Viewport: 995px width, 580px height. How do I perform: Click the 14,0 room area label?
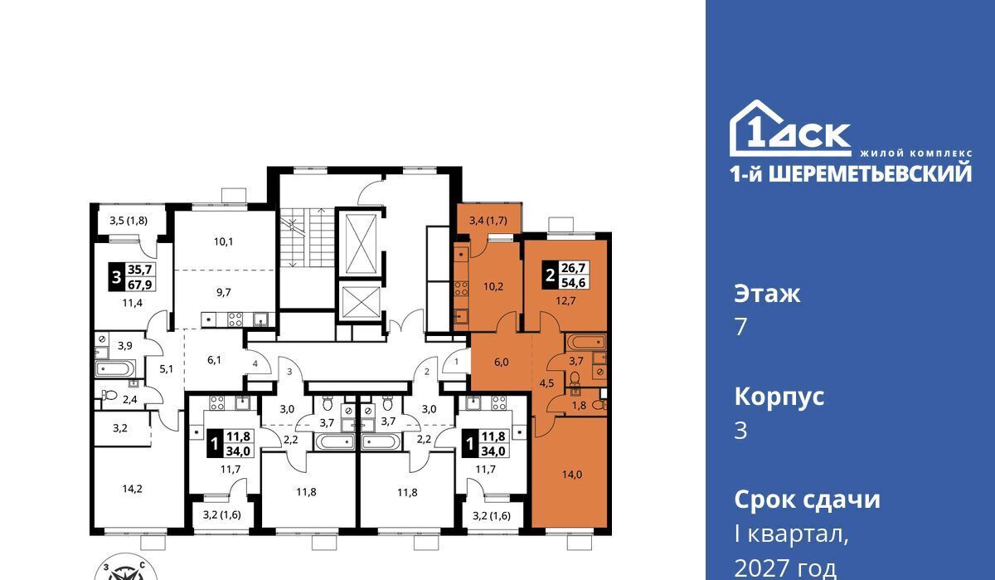click(571, 475)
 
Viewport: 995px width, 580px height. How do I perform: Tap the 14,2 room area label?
click(133, 490)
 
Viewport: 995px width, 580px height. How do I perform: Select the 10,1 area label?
click(223, 241)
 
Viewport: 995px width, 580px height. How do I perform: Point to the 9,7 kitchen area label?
click(223, 292)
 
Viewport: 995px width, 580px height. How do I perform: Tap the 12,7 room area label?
click(565, 301)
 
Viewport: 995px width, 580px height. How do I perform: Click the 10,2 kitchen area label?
click(493, 286)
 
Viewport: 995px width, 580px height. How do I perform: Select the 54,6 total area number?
click(574, 282)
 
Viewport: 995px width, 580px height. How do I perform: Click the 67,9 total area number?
click(140, 284)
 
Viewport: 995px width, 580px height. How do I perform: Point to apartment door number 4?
click(255, 363)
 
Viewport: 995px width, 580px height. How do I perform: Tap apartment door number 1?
click(456, 362)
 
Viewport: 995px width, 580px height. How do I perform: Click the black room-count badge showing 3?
click(116, 277)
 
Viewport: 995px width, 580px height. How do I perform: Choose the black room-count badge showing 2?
click(551, 275)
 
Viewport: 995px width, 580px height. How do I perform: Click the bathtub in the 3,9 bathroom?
click(114, 369)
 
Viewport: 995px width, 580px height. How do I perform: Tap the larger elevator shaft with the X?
click(361, 244)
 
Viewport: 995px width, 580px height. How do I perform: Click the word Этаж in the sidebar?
click(767, 294)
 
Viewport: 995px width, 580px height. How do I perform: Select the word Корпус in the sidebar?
click(779, 397)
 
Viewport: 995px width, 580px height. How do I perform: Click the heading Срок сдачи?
click(807, 500)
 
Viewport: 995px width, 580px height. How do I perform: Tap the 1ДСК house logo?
click(791, 129)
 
